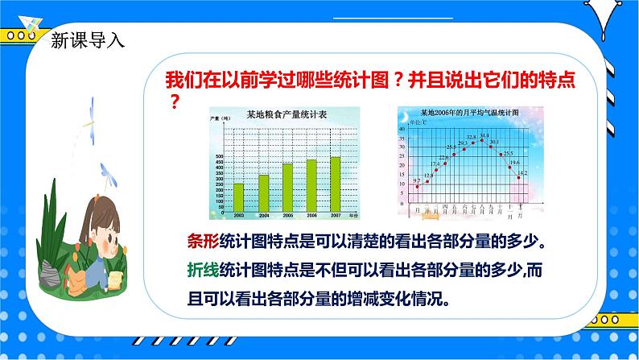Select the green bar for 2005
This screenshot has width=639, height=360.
point(287,186)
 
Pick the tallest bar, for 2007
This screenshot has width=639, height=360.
point(336,183)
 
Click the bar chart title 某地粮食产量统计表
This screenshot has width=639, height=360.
point(282,114)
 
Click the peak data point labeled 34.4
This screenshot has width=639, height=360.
point(482,140)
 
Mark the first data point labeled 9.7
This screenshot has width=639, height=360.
point(417,186)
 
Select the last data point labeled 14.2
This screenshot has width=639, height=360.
point(518,177)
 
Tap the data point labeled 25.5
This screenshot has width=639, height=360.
point(501,155)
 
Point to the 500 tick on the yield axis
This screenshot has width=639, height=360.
point(219,156)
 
